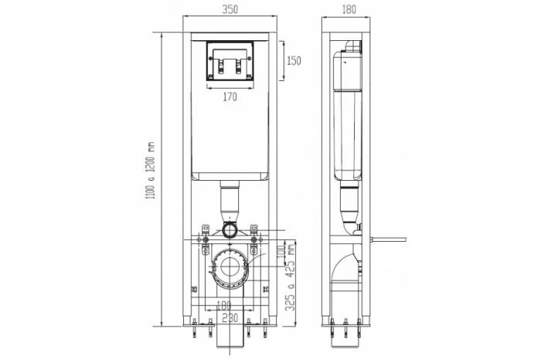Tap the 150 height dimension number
point(294,60)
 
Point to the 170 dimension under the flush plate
point(230,97)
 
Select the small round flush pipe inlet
point(230,230)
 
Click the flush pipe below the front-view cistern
point(230,202)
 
